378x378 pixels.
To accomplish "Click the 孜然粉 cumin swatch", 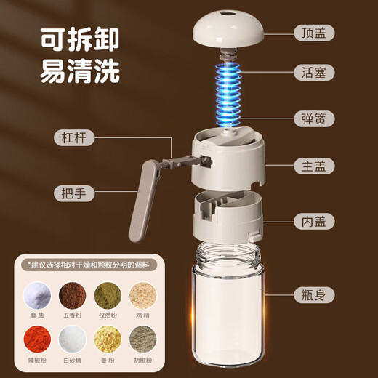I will coord(107,294).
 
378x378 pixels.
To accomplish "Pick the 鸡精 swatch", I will coord(142,294).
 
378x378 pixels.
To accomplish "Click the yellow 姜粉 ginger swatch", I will coord(107,339).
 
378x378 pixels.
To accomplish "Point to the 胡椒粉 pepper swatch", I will coord(142,339).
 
